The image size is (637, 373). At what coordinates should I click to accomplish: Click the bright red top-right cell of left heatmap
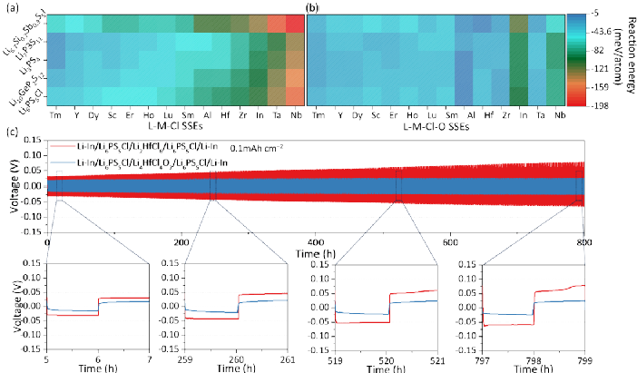click(x=295, y=24)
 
